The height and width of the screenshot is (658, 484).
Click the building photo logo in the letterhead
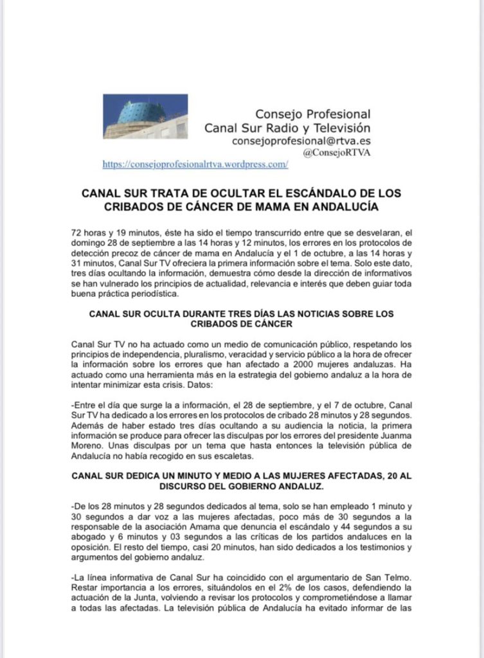145,116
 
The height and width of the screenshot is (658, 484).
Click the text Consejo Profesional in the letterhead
313,114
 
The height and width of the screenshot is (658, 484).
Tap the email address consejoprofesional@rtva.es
301,140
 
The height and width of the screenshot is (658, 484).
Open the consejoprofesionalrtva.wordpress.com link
195,164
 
